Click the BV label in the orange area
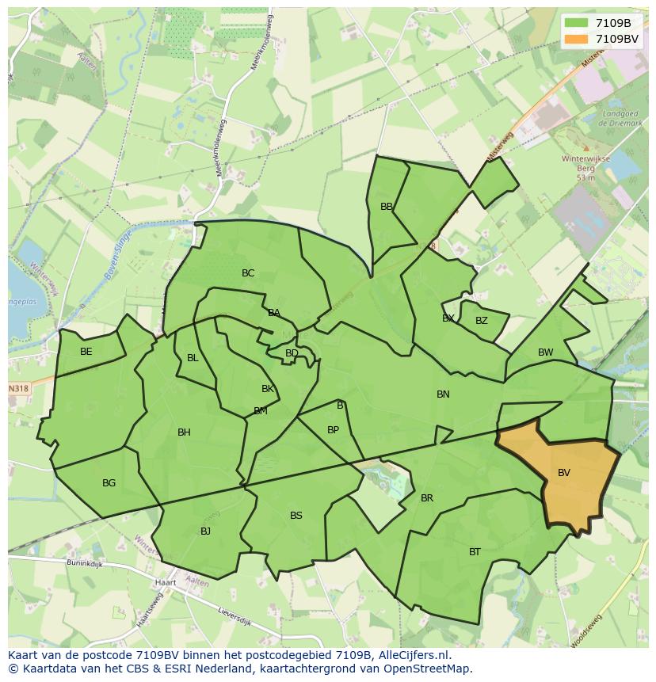[563, 473]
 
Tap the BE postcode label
[86, 352]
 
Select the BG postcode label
[109, 483]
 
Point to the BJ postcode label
[205, 532]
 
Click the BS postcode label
[296, 516]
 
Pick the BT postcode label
[475, 552]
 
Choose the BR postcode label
[427, 498]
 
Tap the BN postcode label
[443, 394]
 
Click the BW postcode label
[545, 352]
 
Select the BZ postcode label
[482, 321]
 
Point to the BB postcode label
[387, 207]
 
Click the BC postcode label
[248, 273]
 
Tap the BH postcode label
[184, 432]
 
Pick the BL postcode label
[193, 358]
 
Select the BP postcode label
[333, 431]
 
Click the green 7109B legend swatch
[576, 23]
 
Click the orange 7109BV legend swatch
[576, 39]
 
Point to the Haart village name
[166, 582]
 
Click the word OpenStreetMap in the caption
[429, 669]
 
